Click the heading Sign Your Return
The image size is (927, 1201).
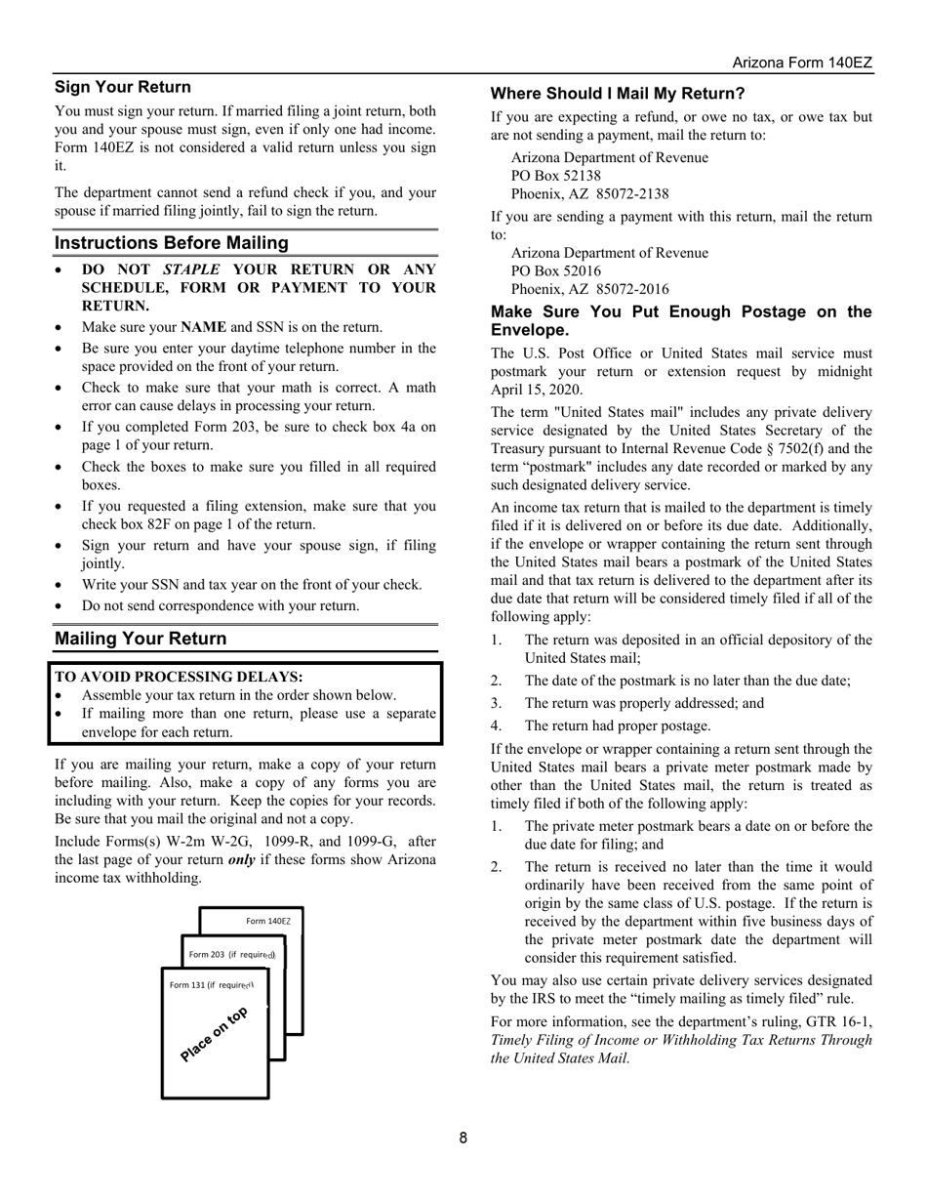[123, 87]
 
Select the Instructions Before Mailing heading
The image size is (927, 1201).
[172, 243]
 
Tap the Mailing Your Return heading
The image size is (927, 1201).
[141, 639]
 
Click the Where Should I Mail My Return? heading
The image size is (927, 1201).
[618, 94]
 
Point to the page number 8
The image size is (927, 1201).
[463, 1138]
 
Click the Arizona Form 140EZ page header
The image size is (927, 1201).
[802, 62]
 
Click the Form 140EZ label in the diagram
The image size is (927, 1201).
[268, 921]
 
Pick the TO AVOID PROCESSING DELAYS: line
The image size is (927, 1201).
[179, 677]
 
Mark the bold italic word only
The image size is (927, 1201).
[243, 860]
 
